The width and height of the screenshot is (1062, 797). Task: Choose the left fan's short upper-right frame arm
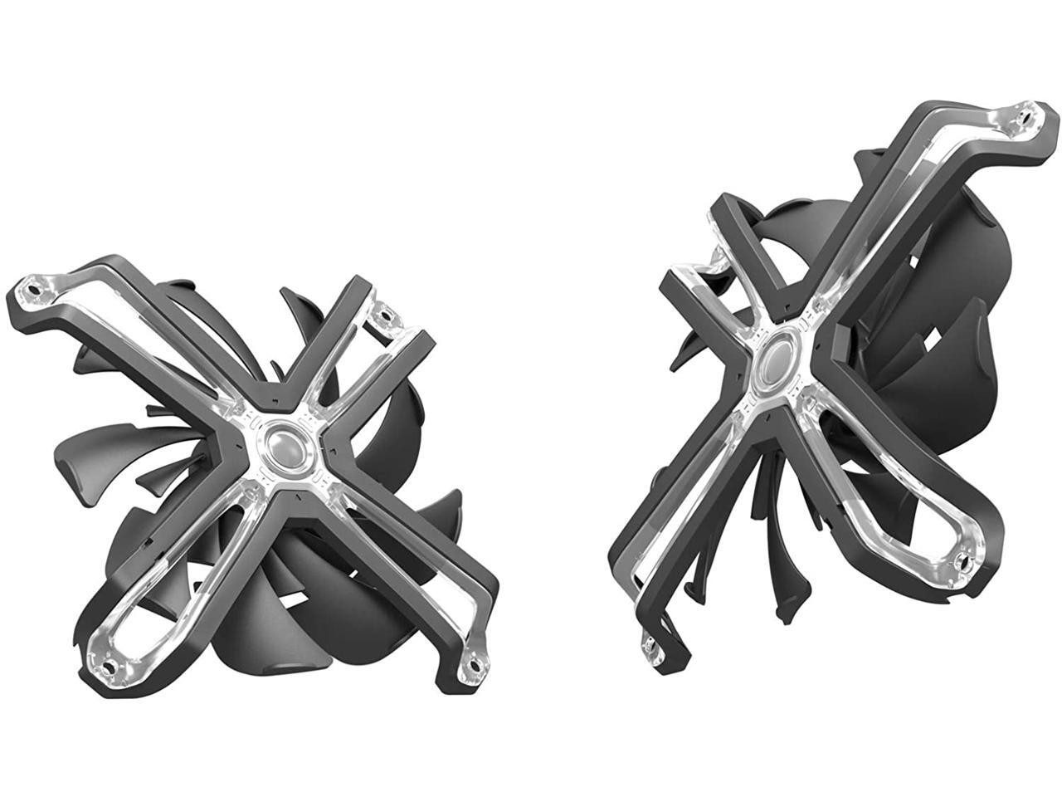[348, 365]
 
